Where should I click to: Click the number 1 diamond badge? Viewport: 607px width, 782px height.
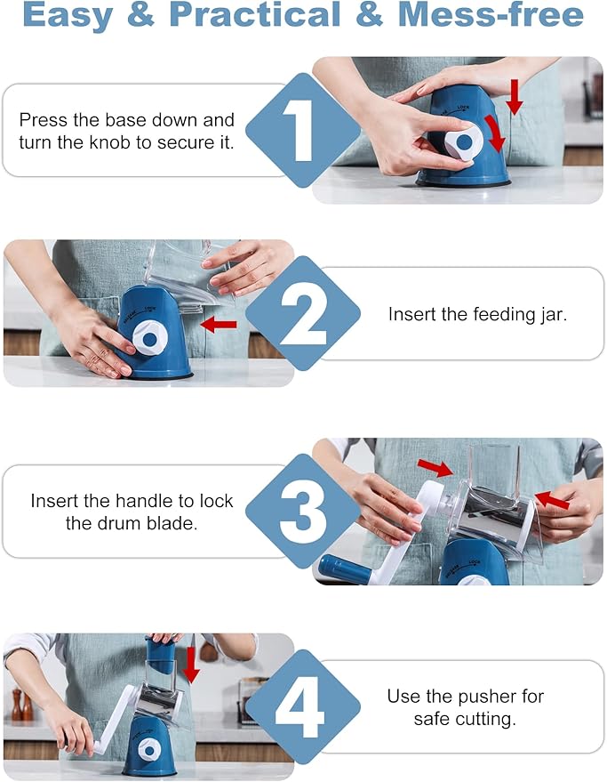point(303,130)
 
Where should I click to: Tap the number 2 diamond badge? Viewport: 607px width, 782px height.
point(303,313)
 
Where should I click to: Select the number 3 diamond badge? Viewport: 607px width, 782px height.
point(303,511)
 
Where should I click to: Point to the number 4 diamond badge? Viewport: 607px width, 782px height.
point(303,706)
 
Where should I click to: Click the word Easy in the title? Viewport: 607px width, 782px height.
point(68,15)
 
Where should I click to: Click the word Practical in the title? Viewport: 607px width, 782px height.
point(255,14)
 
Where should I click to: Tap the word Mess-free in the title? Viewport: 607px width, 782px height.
point(491,14)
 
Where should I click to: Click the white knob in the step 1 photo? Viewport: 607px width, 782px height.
point(464,141)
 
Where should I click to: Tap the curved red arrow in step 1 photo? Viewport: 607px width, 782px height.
point(495,133)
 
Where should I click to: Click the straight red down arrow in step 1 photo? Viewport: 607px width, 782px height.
point(514,97)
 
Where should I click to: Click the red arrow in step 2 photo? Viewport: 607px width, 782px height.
point(219,325)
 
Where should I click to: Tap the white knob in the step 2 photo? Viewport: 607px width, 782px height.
point(149,338)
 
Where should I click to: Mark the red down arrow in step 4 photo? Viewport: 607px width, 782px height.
point(190,665)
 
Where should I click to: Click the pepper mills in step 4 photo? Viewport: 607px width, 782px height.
point(22,705)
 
